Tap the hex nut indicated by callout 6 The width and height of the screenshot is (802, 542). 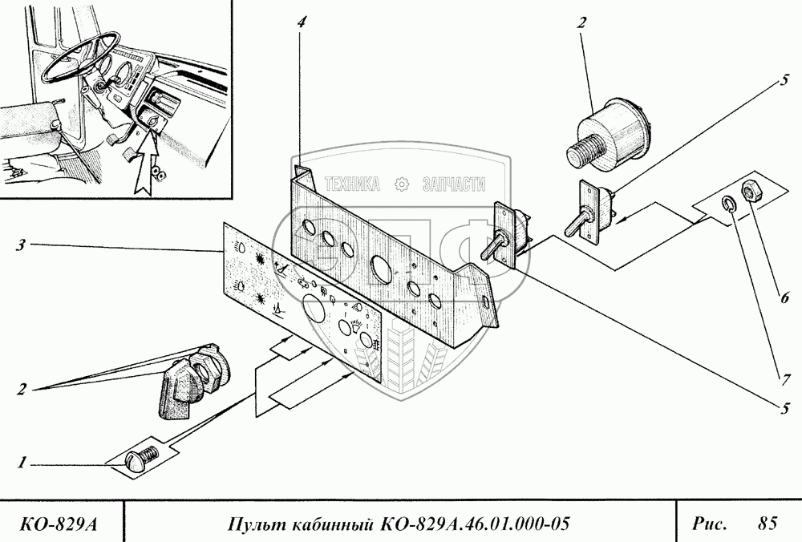pos(751,192)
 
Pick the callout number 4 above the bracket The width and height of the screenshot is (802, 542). pos(301,22)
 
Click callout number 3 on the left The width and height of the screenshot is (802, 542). pos(20,245)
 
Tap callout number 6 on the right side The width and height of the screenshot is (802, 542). pos(784,297)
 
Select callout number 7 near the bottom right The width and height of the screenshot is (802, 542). pos(785,379)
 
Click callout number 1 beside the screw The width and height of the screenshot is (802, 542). pos(21,463)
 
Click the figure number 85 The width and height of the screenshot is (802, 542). pos(768,523)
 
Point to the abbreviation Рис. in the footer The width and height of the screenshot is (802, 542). pos(710,524)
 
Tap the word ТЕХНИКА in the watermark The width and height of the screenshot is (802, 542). pos(352,184)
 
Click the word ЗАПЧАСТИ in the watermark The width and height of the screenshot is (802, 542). pos(454,184)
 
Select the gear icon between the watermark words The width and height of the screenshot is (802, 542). pos(402,184)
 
